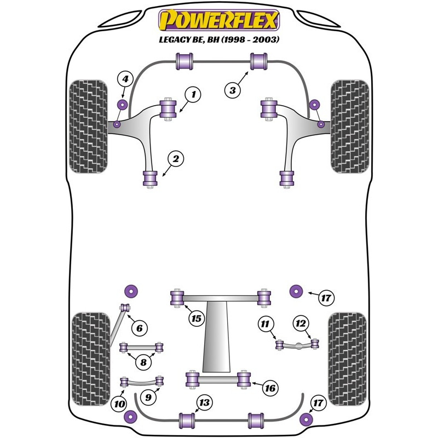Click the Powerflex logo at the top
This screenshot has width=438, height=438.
(x=219, y=20)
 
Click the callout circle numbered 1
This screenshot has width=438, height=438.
(x=193, y=94)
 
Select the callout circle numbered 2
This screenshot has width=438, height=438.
(x=176, y=159)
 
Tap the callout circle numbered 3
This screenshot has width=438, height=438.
(x=233, y=90)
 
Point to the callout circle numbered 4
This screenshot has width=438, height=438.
(x=125, y=79)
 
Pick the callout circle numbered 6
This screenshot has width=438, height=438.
(x=140, y=328)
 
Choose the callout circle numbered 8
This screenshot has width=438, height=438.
(x=143, y=362)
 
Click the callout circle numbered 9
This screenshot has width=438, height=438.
(x=148, y=397)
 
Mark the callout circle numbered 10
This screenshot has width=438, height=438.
(x=119, y=404)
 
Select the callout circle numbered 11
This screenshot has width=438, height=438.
(x=265, y=324)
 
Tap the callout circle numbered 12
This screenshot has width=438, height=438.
(x=301, y=323)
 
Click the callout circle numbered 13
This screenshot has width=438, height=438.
(x=204, y=402)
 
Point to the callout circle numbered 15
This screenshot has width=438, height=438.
(x=197, y=318)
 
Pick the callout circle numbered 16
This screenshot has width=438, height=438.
(x=270, y=388)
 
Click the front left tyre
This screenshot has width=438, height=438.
(x=88, y=126)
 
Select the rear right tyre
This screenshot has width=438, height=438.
(x=347, y=359)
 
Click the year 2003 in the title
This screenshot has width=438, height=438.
(x=266, y=39)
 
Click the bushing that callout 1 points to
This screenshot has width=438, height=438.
(x=168, y=109)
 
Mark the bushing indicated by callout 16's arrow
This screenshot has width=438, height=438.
(x=244, y=379)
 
